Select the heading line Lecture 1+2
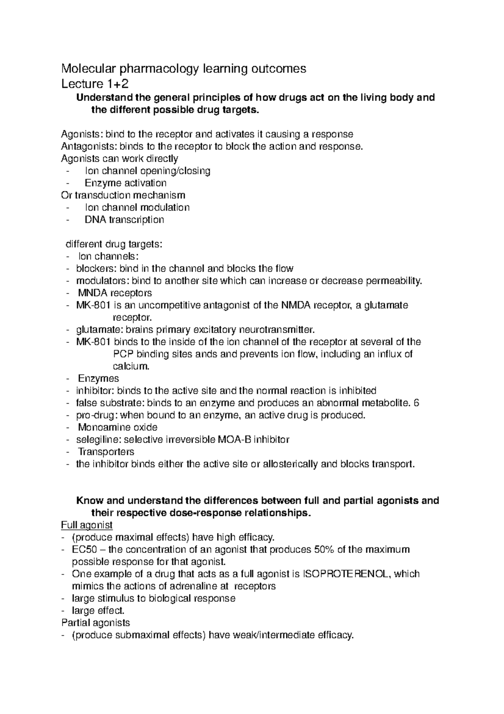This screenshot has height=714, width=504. [x=95, y=84]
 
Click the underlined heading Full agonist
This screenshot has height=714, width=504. [x=87, y=525]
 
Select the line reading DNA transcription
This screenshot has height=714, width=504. [x=124, y=220]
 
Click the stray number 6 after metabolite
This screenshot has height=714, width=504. [x=416, y=403]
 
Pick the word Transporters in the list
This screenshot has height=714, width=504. [x=106, y=452]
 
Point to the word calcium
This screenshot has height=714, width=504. [x=131, y=366]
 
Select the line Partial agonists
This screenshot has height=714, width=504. [x=95, y=623]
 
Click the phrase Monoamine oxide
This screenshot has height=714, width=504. [x=118, y=428]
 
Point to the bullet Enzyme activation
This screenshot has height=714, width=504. [x=125, y=183]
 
